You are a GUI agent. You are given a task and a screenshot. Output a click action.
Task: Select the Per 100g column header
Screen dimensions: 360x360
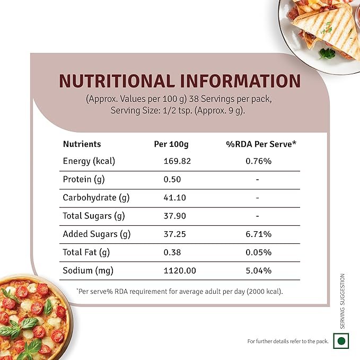click(x=171, y=144)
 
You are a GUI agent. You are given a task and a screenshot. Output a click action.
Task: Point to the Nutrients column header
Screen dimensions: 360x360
click(x=82, y=144)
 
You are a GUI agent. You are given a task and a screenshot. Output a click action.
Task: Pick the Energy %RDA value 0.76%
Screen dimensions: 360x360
click(x=258, y=161)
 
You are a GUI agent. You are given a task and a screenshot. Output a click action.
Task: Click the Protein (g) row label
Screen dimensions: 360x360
click(x=84, y=179)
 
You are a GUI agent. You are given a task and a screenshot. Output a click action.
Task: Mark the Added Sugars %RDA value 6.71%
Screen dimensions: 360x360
click(x=258, y=234)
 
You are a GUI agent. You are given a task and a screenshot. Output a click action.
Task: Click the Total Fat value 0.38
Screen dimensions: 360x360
click(x=171, y=252)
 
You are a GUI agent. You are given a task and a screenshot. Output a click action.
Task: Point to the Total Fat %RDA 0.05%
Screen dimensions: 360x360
click(x=258, y=252)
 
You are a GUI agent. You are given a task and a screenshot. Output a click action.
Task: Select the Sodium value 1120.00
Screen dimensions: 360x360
click(x=179, y=270)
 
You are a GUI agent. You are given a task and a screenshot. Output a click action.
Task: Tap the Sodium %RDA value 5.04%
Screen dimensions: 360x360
click(x=258, y=270)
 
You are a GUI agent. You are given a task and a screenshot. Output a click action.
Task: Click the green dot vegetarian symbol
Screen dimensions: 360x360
click(x=341, y=340)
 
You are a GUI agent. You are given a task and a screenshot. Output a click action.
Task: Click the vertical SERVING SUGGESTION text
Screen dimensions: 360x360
click(x=343, y=301)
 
